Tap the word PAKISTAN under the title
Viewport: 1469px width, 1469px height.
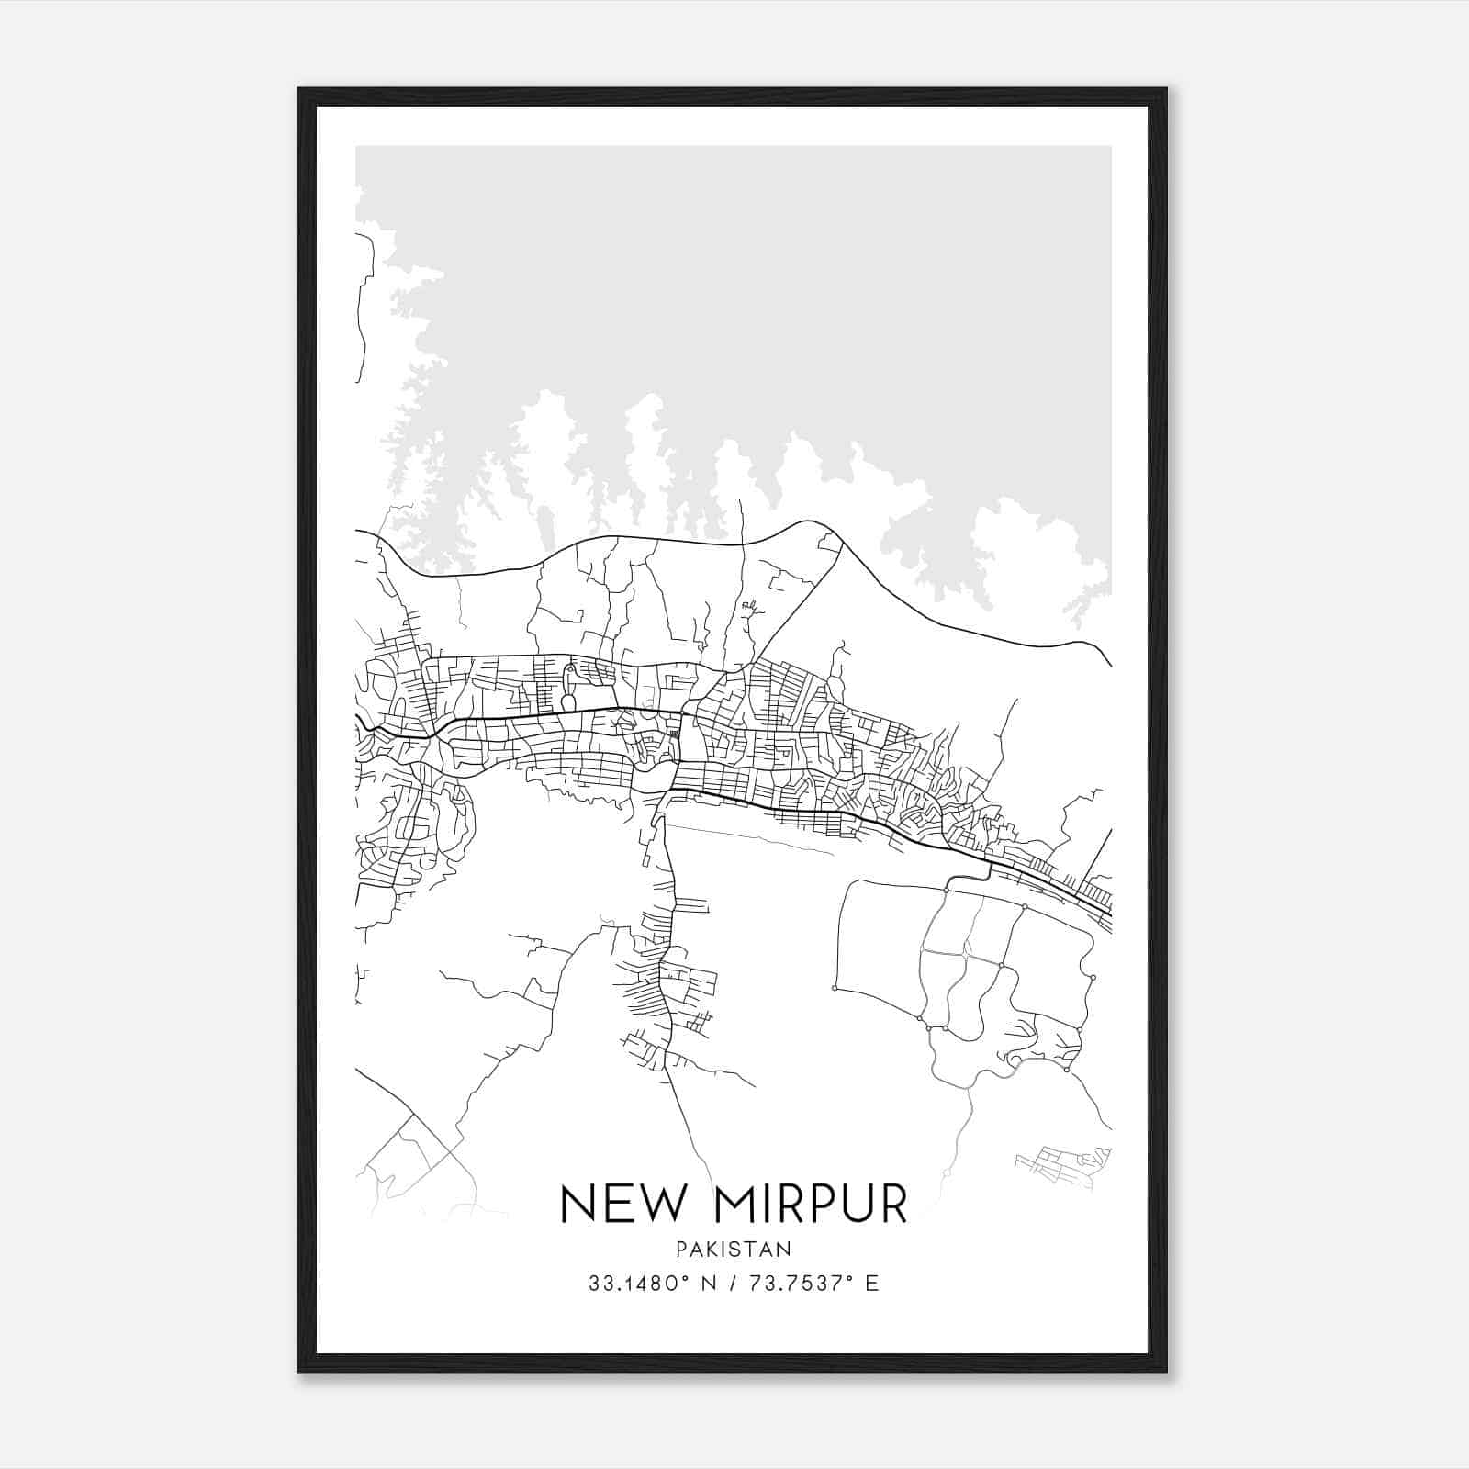coord(734,1250)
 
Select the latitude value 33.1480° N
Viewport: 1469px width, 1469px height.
coord(654,1284)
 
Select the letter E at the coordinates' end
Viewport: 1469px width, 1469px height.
coord(872,1284)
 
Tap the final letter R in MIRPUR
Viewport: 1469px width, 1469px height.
coord(893,1204)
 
